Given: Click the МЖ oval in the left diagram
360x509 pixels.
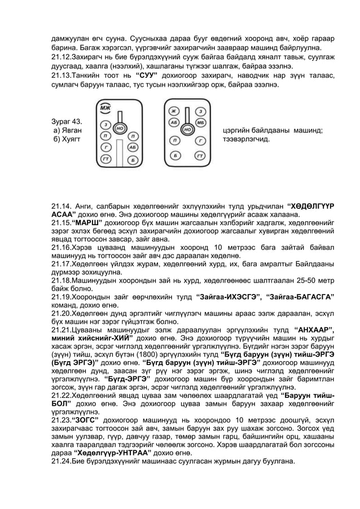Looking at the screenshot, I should (x=105, y=107).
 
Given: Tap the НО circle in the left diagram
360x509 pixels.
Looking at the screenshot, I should (x=120, y=129).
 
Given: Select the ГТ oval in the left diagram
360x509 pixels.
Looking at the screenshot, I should (x=106, y=160).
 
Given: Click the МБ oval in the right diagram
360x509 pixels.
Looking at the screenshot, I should (x=200, y=122).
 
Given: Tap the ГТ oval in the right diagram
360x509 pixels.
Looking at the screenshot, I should (x=199, y=155).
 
